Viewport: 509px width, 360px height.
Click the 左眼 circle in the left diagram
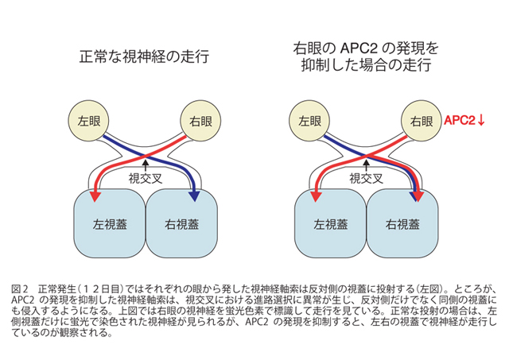[89, 122]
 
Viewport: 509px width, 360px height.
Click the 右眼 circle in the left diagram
[199, 122]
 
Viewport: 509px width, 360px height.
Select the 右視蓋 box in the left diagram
[181, 222]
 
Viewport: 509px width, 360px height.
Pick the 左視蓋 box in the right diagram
[328, 223]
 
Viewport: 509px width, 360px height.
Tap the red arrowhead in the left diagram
[97, 195]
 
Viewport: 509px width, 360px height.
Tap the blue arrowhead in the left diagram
[193, 195]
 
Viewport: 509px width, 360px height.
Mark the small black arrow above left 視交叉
[144, 165]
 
